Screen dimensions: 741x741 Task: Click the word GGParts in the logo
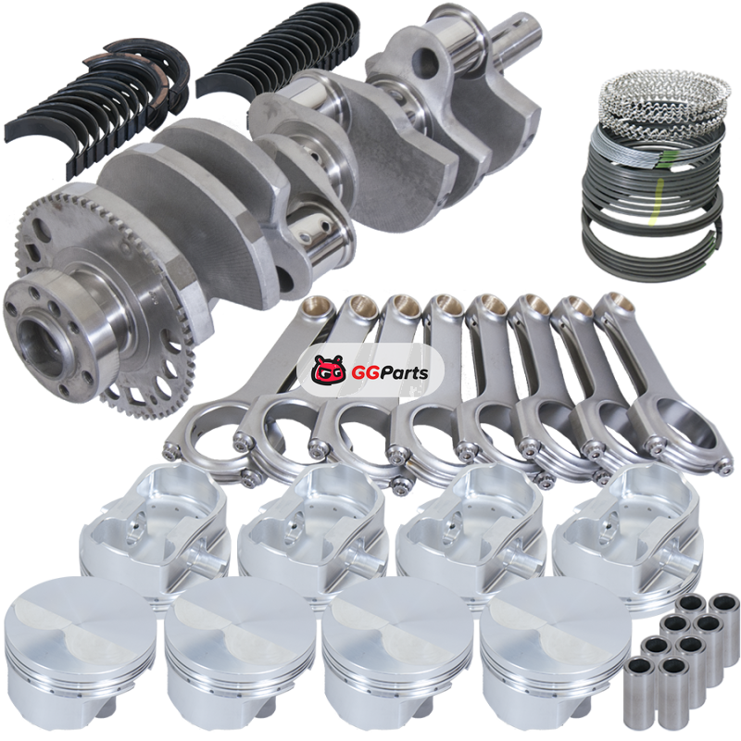point(389,372)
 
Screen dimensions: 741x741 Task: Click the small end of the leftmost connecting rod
point(319,308)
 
